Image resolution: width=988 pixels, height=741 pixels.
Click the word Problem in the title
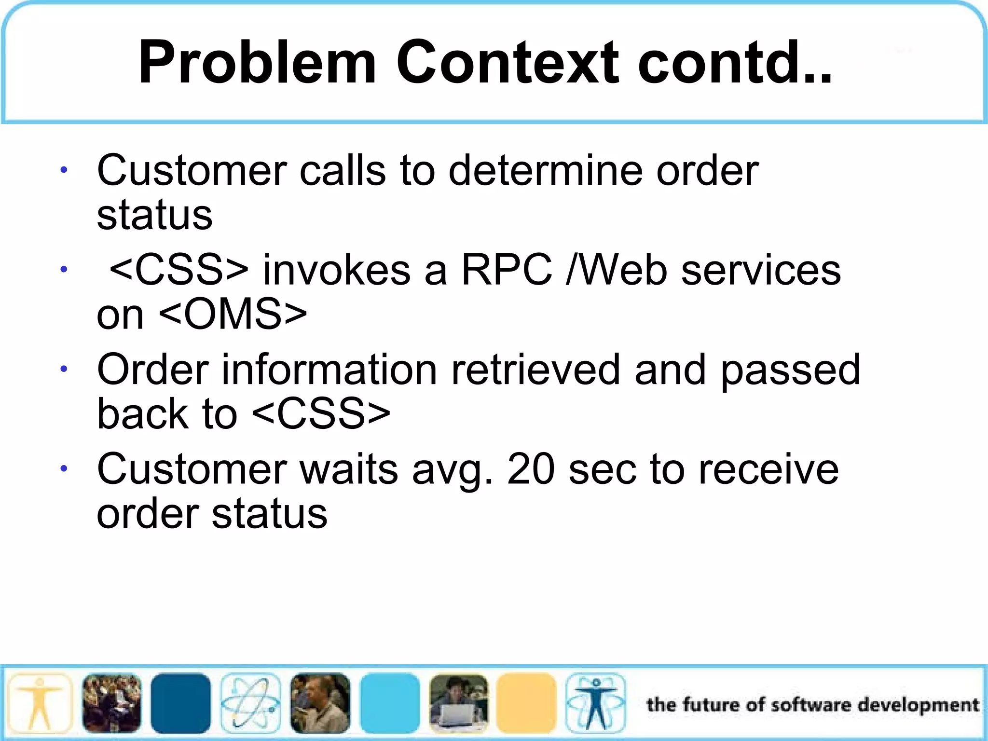point(257,63)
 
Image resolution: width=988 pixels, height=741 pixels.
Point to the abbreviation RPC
point(507,270)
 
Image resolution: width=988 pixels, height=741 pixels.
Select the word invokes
point(336,270)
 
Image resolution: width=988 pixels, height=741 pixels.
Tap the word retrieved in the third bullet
point(535,370)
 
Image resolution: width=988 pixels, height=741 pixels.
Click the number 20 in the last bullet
point(531,469)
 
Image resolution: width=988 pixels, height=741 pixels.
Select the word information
point(329,370)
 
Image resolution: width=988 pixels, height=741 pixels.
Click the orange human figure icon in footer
point(40,703)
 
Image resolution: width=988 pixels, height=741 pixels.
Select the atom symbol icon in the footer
point(250,703)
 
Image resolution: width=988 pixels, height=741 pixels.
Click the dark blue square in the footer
point(180,703)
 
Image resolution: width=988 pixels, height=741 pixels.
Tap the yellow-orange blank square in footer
point(526,703)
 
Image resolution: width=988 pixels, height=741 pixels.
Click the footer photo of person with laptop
point(458,703)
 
